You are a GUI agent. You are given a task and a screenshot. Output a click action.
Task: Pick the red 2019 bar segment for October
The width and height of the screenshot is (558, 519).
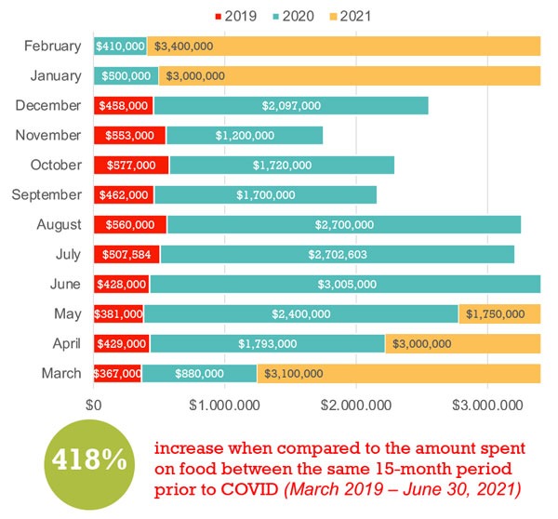pos(131,165)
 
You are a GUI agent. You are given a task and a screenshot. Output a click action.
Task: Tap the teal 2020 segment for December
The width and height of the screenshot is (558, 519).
pos(290,105)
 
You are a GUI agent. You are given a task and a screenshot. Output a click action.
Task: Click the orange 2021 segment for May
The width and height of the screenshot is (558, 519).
pos(499,313)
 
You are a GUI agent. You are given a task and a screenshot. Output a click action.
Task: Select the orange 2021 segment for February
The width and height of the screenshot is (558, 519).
pos(343,46)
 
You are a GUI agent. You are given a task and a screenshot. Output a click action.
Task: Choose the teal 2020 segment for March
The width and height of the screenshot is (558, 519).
pos(199,373)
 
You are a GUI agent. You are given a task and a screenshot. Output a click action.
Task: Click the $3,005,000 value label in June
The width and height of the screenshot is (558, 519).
pos(345,284)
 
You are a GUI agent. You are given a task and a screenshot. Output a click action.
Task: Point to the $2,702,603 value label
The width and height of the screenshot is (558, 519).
pos(337,254)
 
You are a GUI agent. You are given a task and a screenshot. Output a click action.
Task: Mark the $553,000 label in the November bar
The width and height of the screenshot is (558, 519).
pos(130,135)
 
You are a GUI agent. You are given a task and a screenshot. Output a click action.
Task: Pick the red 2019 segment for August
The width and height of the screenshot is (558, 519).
pos(130,224)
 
